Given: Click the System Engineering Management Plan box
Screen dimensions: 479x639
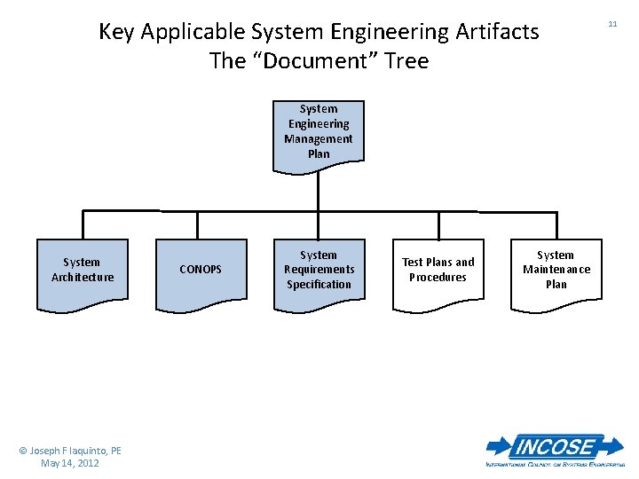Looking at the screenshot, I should click(319, 133).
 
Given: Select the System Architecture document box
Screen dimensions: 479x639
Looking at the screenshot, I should click(83, 272).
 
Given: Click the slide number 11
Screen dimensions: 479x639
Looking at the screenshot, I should click(612, 24).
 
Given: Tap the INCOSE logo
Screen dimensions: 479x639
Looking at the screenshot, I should click(555, 449).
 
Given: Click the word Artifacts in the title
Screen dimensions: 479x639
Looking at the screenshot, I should click(495, 32).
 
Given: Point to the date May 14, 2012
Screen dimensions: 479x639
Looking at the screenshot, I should click(70, 463).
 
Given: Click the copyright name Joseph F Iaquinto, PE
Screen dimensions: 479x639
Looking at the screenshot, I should click(70, 451).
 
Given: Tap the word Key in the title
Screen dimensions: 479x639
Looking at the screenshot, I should click(116, 32).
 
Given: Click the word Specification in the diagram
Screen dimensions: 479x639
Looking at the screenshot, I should click(319, 285).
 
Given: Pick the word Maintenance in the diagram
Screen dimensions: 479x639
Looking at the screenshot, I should click(556, 270).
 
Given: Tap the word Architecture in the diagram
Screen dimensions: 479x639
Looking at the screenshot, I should click(83, 278).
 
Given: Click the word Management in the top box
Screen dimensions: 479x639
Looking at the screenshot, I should click(319, 139).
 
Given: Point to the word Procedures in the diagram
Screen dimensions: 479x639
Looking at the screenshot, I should click(438, 278).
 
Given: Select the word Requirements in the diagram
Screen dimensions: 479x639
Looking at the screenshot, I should click(319, 270).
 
